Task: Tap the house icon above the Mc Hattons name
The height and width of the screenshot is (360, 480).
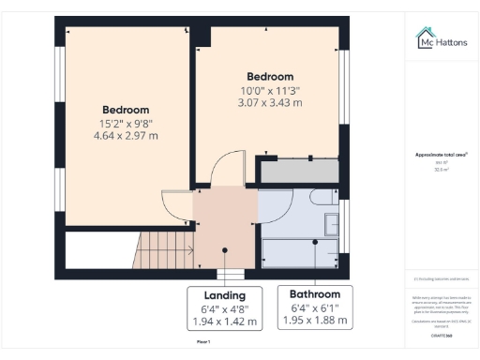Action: click(425, 34)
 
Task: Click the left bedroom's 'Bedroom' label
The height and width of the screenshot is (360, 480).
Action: click(126, 109)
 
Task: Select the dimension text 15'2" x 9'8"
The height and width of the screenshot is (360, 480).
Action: click(126, 123)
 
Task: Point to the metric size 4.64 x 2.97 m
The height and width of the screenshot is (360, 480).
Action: click(126, 136)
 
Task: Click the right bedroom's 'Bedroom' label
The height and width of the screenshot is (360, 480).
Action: click(270, 76)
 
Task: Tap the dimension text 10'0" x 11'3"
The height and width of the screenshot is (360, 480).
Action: click(270, 90)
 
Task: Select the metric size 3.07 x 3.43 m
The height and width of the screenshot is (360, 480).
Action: click(270, 103)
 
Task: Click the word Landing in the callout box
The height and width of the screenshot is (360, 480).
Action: click(225, 292)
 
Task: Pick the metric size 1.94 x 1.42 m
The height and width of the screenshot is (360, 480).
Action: click(225, 321)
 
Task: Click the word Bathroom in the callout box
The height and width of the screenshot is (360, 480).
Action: click(314, 292)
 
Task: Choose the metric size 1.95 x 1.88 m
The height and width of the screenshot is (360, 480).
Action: click(314, 321)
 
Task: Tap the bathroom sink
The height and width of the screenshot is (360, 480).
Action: click(332, 223)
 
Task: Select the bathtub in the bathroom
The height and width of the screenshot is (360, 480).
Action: click(300, 251)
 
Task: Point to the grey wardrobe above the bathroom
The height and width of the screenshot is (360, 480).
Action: click(298, 172)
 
